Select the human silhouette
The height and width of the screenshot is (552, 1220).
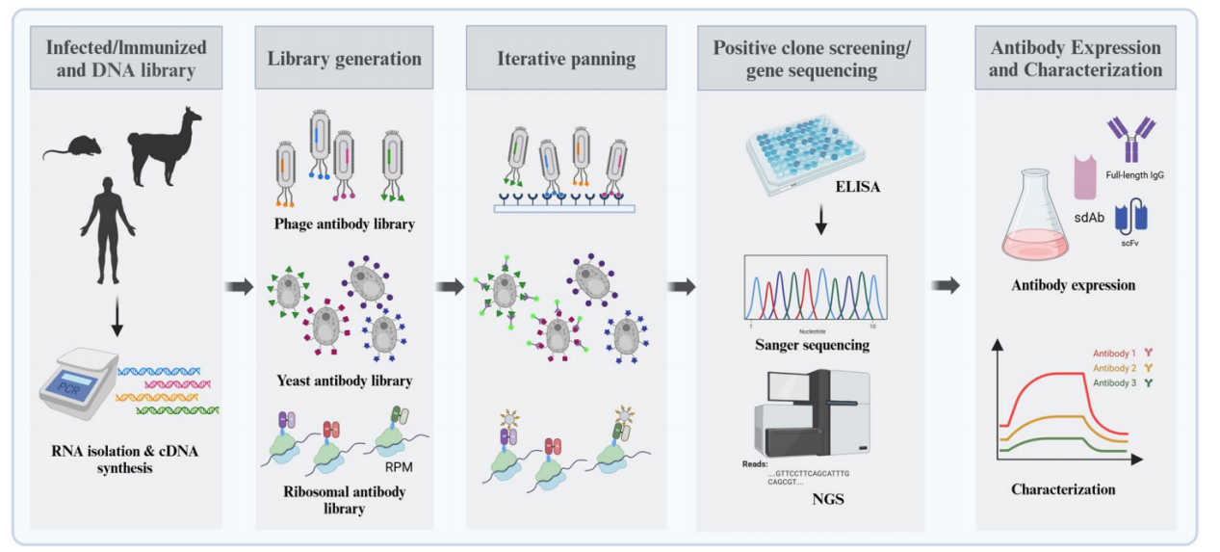(107, 227)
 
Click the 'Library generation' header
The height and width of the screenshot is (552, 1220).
(344, 59)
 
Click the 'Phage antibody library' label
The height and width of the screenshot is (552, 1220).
(344, 224)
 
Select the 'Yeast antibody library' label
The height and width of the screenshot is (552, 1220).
(344, 381)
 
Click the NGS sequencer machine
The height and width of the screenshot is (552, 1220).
(812, 415)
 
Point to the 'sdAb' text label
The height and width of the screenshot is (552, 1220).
(1086, 219)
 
